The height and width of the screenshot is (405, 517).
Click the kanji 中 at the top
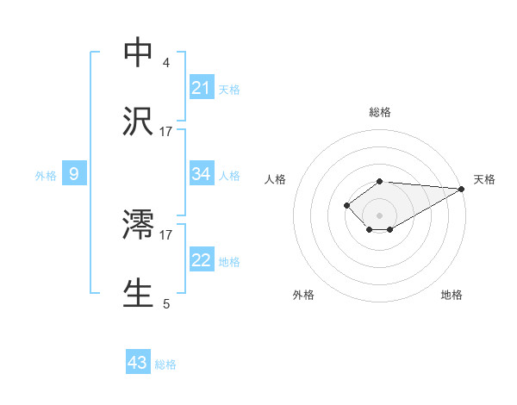[138, 53]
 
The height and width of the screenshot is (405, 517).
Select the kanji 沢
[138, 121]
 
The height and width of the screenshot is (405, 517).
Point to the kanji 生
[138, 293]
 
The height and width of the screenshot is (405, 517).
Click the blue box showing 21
[202, 88]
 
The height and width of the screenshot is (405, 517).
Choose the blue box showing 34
[202, 174]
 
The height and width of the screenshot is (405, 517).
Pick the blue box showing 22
[202, 260]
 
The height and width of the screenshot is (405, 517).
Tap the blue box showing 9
[74, 174]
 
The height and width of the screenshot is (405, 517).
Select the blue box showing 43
[138, 363]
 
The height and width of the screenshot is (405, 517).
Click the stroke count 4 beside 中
[165, 63]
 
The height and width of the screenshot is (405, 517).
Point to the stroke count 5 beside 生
[165, 303]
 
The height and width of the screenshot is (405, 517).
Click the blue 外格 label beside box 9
[46, 175]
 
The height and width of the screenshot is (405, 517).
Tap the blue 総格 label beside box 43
[165, 364]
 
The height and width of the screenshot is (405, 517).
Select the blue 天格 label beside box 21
[229, 89]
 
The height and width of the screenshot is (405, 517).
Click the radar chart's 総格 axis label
[380, 112]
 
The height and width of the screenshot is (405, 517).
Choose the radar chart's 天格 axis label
[484, 179]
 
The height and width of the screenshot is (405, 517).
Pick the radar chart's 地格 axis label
[452, 295]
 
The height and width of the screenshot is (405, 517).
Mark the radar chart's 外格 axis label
[303, 295]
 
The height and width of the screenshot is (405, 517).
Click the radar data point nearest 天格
[463, 189]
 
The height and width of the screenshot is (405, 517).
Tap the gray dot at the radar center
[379, 215]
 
